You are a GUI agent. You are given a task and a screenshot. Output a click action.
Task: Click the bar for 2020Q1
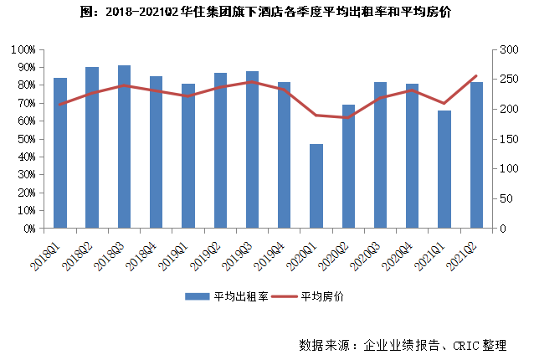(x=316, y=186)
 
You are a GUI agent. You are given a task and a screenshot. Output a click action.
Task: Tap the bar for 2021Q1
(x=444, y=169)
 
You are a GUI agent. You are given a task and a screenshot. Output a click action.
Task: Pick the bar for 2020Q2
(x=348, y=167)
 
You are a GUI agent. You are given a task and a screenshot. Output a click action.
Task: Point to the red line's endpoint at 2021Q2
(x=476, y=76)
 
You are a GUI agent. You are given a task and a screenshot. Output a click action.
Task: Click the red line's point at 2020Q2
(x=348, y=117)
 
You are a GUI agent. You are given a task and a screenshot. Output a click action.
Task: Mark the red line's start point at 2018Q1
(x=60, y=104)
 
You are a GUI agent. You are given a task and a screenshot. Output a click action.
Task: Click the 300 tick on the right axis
(x=506, y=49)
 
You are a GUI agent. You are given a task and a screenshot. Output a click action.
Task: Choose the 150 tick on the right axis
(x=506, y=139)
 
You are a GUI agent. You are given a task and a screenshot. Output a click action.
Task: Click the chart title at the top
(x=266, y=13)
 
